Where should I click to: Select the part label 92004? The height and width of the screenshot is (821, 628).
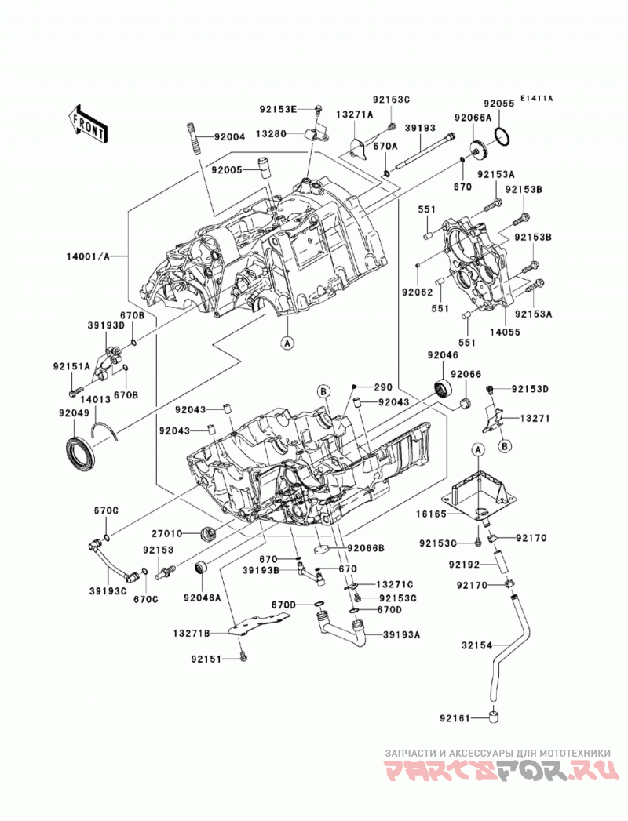click(229, 137)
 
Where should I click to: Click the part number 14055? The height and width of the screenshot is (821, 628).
click(504, 332)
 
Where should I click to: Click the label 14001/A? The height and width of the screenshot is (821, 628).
click(88, 256)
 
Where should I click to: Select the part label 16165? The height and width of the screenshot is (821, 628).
click(431, 514)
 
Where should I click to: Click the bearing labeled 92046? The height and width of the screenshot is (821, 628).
click(444, 390)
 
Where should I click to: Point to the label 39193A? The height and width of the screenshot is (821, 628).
click(402, 634)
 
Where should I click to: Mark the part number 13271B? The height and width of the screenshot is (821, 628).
click(192, 634)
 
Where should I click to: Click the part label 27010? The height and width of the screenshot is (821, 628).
click(166, 533)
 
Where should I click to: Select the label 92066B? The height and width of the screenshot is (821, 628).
click(366, 547)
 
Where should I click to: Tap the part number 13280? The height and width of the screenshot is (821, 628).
click(271, 133)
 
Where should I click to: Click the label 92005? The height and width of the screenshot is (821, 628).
click(228, 169)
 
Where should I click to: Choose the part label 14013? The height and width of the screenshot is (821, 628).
click(96, 399)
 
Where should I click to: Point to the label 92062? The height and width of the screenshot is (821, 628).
click(418, 292)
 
